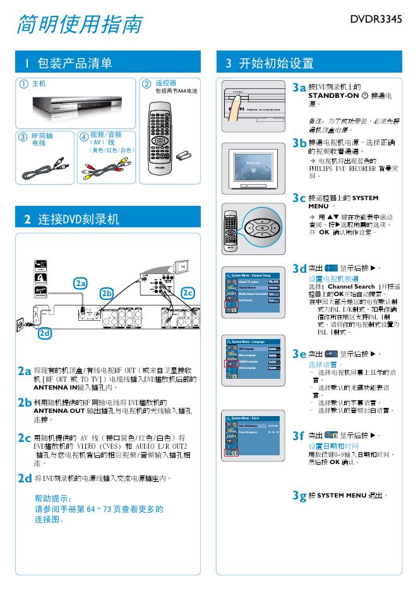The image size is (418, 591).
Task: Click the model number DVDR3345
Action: pos(376,20)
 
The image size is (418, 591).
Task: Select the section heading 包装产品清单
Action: pos(74,63)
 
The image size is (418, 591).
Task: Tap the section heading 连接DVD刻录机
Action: pos(78,219)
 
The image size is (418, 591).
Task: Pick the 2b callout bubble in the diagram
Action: pos(107,294)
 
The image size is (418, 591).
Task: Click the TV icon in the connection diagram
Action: pos(183,267)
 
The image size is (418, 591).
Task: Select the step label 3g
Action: pos(299,496)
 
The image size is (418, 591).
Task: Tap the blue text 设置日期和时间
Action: pos(333,446)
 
